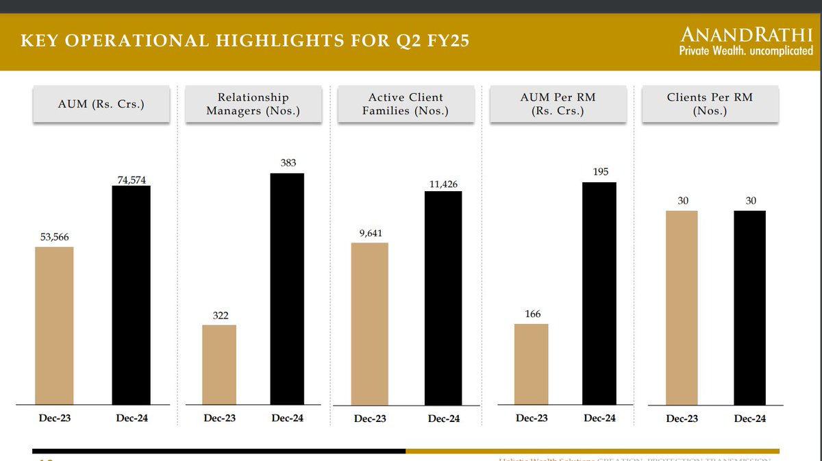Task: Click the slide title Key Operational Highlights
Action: [x=245, y=41]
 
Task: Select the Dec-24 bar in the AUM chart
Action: [x=131, y=295]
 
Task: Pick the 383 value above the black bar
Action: [x=288, y=163]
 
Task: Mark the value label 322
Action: [x=219, y=316]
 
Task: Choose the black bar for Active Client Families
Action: [x=443, y=298]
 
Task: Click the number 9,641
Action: [x=369, y=233]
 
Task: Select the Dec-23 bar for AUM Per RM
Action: [x=532, y=364]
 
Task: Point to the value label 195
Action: [x=600, y=172]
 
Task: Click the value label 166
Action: [x=532, y=314]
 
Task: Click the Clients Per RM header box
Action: [x=710, y=104]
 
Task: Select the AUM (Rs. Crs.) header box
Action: [x=101, y=104]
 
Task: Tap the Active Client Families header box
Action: [x=406, y=104]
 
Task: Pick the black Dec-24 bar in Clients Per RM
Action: [x=749, y=308]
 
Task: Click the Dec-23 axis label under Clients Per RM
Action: [x=682, y=419]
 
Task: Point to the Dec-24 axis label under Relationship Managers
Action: [x=288, y=419]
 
